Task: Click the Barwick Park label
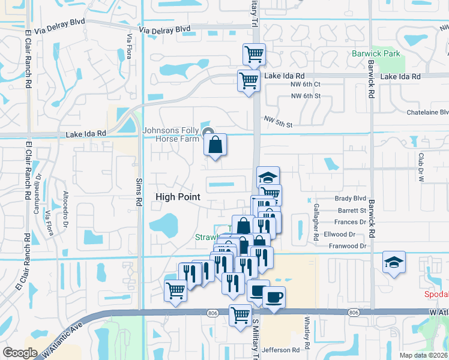[x=376, y=54]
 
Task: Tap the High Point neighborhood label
[x=178, y=197]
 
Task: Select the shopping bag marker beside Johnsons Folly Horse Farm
[x=215, y=145]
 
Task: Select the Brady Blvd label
[x=351, y=199]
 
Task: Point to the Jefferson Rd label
[x=280, y=350]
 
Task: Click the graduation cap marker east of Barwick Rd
[x=393, y=262]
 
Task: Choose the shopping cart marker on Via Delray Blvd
[x=254, y=55]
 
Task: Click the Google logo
[x=20, y=353]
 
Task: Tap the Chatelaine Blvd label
[x=427, y=112]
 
